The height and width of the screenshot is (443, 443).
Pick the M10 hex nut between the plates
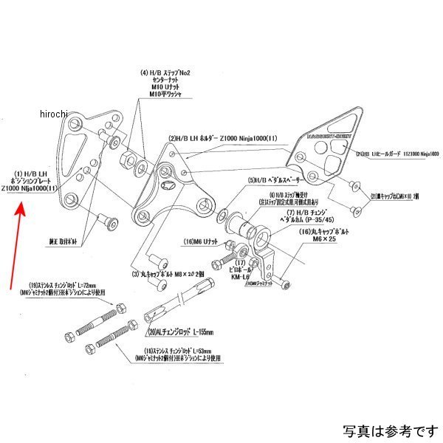coord(131,162)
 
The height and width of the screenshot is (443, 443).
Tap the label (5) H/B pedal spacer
coord(272,179)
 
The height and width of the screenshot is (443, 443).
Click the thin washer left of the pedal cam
coord(222,217)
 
